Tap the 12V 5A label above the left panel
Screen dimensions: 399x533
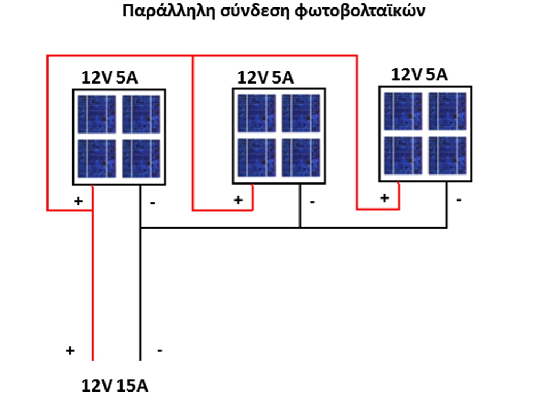pos(109,78)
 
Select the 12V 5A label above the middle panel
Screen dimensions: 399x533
pos(265,78)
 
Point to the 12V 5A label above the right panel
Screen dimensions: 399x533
pos(419,74)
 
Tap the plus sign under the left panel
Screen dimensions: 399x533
pos(78,201)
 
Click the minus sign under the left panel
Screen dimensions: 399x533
pos(153,203)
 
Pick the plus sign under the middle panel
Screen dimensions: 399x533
pos(238,201)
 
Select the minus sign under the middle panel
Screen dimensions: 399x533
pos(312,202)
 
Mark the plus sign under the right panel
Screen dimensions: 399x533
pos(384,198)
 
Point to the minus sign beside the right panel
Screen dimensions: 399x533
pos(458,199)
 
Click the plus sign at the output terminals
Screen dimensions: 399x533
pos(69,351)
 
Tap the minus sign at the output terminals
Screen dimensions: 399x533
pos(159,351)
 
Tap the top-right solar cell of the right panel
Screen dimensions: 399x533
pos(448,111)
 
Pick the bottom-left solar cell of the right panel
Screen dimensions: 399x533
pos(403,155)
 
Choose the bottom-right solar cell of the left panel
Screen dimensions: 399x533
pos(141,159)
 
